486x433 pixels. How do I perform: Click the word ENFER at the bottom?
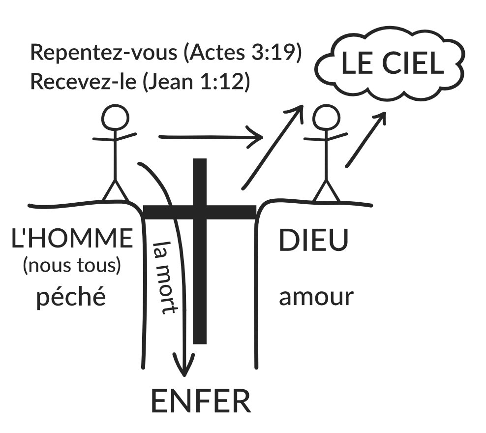tap(201, 401)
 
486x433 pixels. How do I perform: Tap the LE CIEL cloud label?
tap(393, 63)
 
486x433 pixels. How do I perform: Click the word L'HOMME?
tap(72, 238)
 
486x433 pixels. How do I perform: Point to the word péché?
tap(71, 296)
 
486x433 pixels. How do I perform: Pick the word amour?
tap(316, 297)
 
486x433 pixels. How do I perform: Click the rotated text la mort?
tap(165, 278)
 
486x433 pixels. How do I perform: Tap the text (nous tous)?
tap(72, 266)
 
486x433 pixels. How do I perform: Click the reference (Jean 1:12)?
tap(196, 82)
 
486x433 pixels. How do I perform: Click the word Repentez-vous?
tap(104, 52)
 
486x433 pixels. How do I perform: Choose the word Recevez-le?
tap(83, 82)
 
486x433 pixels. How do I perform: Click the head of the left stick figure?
tap(115, 117)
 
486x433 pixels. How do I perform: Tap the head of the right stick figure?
tap(326, 118)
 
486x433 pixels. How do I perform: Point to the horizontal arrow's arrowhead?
tap(256, 137)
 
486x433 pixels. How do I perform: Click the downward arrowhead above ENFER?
tap(184, 365)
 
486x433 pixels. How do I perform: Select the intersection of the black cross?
tap(200, 212)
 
